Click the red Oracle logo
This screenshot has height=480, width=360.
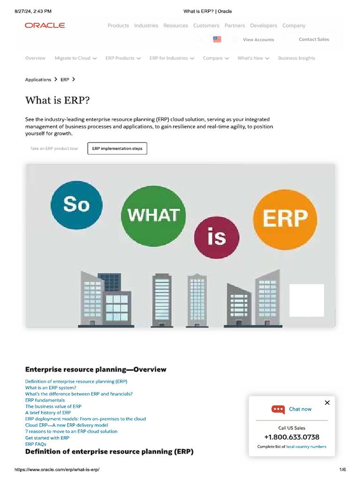tap(45, 25)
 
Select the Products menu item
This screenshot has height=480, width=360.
tap(118, 26)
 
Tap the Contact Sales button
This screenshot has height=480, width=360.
tap(314, 39)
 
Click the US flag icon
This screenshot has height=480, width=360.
tap(217, 39)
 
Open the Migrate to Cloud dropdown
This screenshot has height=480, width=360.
tap(75, 58)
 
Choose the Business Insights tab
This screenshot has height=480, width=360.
tap(296, 58)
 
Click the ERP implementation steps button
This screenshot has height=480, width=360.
tap(117, 149)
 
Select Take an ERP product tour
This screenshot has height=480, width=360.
tap(54, 149)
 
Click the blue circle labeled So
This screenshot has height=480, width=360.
tap(76, 204)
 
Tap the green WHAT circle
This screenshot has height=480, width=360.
tap(153, 216)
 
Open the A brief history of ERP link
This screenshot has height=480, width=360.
tap(48, 412)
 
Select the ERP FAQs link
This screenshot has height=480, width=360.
tap(36, 444)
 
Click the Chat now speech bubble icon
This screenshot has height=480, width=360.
tap(278, 409)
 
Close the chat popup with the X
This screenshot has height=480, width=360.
tap(327, 403)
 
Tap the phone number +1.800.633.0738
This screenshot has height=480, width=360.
tap(292, 437)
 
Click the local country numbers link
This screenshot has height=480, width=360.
tap(306, 447)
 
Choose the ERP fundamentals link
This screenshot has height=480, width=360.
tap(45, 400)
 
